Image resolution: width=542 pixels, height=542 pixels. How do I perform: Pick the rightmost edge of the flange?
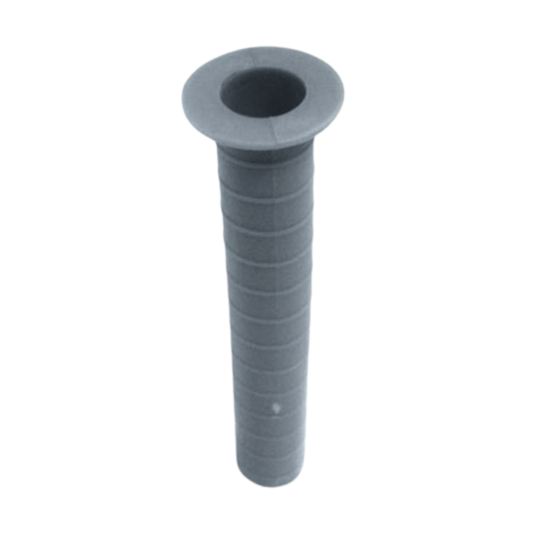tap(344, 90)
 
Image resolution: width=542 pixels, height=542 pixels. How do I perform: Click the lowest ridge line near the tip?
tap(269, 449)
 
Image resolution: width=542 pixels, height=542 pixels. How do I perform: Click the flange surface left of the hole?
tap(202, 102)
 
